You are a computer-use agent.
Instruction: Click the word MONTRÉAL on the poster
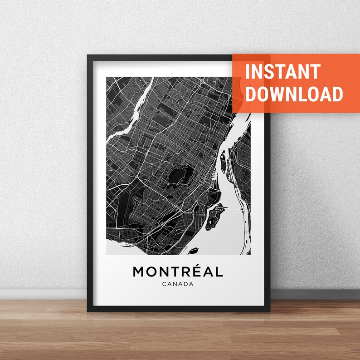[178, 272]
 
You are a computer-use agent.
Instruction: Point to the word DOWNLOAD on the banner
[294, 94]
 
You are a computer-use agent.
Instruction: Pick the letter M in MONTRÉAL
[138, 272]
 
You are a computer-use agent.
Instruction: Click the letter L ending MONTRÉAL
[220, 272]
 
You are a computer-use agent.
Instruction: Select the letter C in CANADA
[164, 285]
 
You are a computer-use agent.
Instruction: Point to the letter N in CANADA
[175, 285]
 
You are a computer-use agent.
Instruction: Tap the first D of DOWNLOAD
[251, 94]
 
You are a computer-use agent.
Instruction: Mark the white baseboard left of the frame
[43, 294]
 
